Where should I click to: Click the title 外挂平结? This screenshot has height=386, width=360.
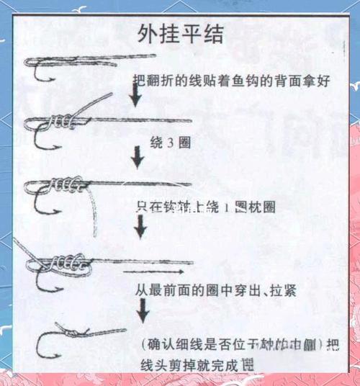[181, 34]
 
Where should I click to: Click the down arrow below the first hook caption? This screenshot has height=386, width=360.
[135, 94]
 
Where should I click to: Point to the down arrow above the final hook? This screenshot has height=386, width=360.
[143, 309]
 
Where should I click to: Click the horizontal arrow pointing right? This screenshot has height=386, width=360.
[152, 273]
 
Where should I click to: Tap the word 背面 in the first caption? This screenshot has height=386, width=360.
[289, 81]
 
